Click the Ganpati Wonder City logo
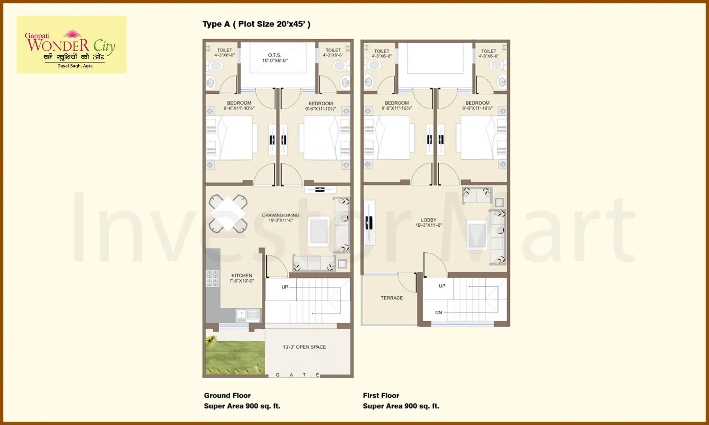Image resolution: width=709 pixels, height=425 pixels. tap(71, 45)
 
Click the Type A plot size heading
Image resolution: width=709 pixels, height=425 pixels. tap(256, 24)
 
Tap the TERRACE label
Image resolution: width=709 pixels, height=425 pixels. tap(392, 298)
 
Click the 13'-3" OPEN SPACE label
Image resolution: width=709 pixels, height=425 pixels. tap(304, 347)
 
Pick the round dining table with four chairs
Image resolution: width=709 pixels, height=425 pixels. tap(228, 214)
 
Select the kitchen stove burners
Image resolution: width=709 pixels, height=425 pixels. tap(212, 279)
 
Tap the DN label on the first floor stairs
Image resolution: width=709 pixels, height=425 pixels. tap(438, 312)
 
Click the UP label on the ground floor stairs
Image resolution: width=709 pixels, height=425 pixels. tap(285, 287)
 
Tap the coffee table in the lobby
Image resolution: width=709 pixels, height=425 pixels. tap(477, 235)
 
